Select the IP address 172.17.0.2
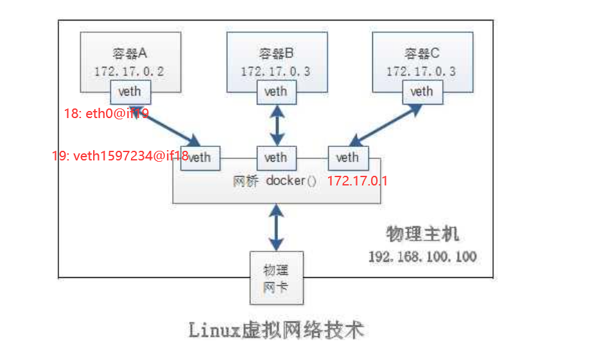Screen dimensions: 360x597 (x=129, y=71)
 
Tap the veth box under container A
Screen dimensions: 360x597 (x=130, y=92)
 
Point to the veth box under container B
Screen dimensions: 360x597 (x=276, y=92)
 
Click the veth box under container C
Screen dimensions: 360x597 (x=422, y=92)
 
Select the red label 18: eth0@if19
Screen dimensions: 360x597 (x=107, y=114)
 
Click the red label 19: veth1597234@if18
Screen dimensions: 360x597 (x=120, y=155)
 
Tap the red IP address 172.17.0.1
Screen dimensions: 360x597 (x=358, y=181)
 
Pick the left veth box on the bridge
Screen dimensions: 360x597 (x=200, y=157)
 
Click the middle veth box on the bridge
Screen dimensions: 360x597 (x=276, y=157)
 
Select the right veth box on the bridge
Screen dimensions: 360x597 (x=347, y=157)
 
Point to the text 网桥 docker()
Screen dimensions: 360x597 (x=275, y=181)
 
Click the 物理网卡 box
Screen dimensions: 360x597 (x=276, y=278)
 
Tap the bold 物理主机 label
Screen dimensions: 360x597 (x=422, y=234)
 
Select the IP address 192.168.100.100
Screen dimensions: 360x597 (x=422, y=257)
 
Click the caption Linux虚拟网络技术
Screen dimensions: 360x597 (x=276, y=330)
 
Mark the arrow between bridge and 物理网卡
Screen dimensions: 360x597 (x=276, y=227)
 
